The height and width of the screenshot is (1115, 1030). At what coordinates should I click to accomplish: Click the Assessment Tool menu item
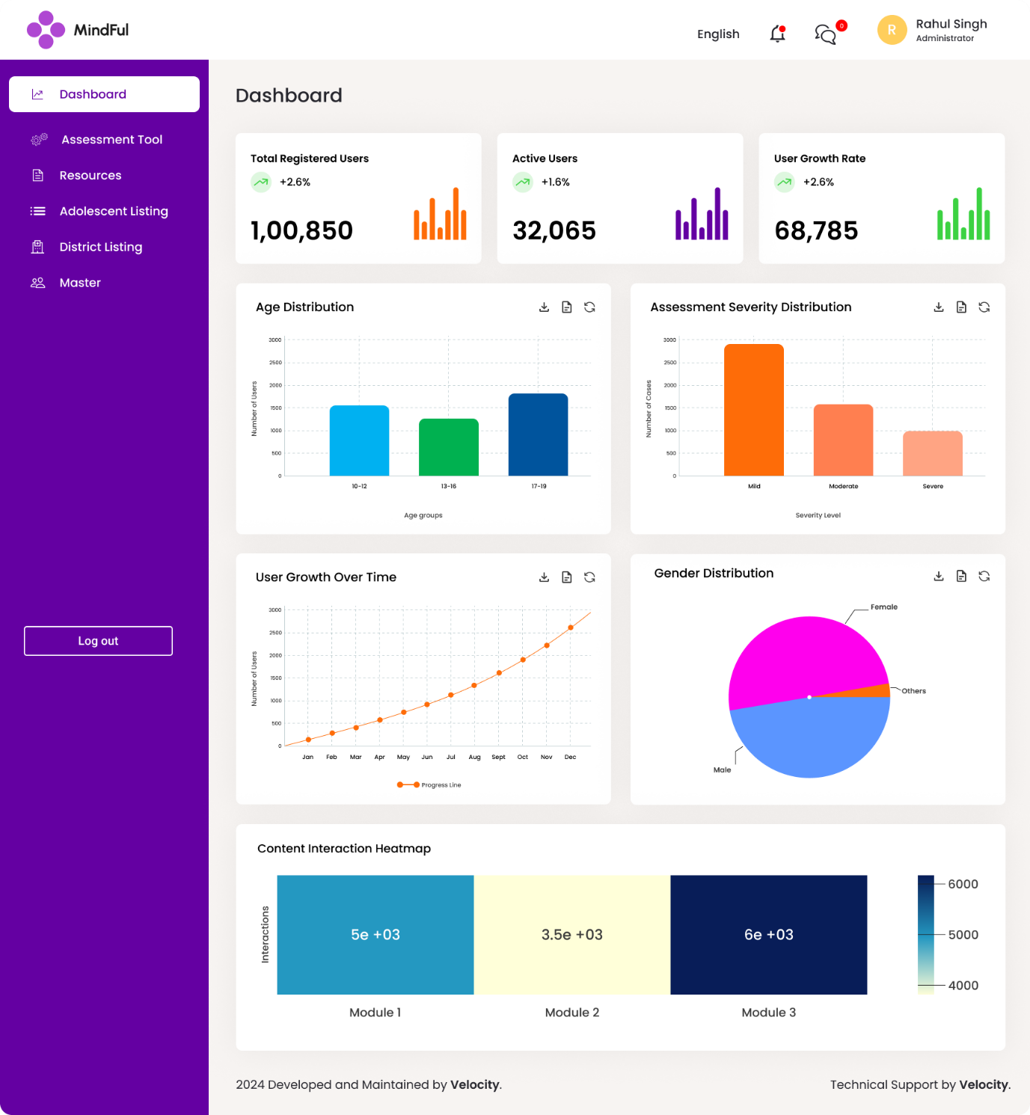[x=111, y=140]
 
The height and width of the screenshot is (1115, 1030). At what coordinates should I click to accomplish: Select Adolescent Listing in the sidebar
[x=113, y=212]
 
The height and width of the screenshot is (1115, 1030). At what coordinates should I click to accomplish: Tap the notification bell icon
[x=777, y=34]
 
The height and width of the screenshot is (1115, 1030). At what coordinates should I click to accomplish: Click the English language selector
[x=717, y=34]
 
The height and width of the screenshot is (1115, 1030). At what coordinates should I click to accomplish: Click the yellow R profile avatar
[x=891, y=31]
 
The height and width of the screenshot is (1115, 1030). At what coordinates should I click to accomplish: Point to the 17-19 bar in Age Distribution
[x=538, y=434]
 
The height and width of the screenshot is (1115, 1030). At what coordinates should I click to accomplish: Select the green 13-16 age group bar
[x=448, y=447]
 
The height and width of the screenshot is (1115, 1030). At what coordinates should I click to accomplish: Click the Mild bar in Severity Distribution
[x=753, y=410]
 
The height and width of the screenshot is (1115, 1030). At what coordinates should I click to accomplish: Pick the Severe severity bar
[x=932, y=453]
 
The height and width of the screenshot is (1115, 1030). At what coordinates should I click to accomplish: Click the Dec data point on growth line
[x=571, y=627]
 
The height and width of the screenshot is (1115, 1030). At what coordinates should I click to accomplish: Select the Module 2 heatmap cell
[x=572, y=935]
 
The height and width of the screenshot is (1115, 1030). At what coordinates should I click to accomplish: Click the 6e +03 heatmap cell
[x=768, y=935]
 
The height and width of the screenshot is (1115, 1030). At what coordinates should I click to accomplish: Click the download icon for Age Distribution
[x=544, y=307]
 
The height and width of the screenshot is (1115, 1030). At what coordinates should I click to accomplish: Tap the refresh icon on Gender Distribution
[x=984, y=576]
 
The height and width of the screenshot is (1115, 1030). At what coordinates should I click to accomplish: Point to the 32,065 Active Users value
[x=554, y=231]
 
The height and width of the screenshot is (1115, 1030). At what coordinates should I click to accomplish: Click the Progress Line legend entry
[x=429, y=785]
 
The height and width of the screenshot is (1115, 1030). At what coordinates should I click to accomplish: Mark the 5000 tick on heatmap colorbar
[x=962, y=935]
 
